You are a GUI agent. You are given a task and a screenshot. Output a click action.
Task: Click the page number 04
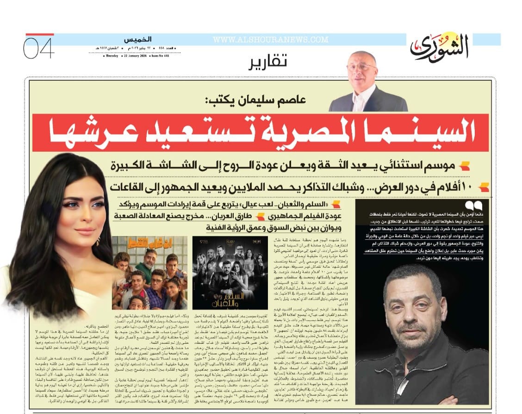pyautogui.click(x=39, y=48)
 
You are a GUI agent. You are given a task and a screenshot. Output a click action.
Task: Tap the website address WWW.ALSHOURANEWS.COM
pyautogui.click(x=271, y=40)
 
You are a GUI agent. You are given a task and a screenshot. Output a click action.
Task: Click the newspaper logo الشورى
pyautogui.click(x=440, y=47)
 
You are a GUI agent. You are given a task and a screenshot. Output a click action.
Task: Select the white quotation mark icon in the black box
pyautogui.click(x=475, y=204)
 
